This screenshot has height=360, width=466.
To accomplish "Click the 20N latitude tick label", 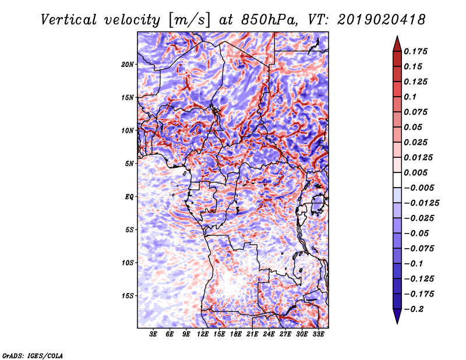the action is click(128, 65).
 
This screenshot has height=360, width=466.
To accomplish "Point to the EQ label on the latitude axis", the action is click(129, 197).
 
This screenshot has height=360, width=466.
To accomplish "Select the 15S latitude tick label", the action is click(128, 296).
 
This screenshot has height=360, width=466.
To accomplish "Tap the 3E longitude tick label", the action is click(153, 334).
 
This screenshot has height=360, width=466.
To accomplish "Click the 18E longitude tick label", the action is click(236, 334).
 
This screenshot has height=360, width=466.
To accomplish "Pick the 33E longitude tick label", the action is click(318, 334).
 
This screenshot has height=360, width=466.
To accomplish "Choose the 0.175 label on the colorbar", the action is click(415, 51).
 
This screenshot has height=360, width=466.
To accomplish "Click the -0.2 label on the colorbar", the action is click(414, 309).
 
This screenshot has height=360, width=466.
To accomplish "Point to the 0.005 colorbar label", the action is click(415, 172).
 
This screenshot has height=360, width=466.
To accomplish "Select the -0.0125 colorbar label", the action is click(421, 203).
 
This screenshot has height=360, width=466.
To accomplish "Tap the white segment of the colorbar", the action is click(397, 180).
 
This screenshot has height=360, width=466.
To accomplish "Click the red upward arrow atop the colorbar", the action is click(397, 44).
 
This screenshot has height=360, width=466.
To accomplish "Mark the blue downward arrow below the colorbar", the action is click(397, 316).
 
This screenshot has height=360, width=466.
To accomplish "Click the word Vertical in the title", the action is click(69, 20).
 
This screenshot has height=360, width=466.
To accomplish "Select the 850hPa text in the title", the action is click(270, 20).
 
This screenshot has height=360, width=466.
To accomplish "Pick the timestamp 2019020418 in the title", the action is click(382, 20).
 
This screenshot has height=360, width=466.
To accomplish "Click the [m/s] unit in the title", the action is click(189, 20).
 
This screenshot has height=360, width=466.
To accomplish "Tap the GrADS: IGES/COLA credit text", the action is click(33, 355).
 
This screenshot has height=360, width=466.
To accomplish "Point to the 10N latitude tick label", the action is click(128, 130).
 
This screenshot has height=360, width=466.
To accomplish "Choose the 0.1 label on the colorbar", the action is click(410, 97).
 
